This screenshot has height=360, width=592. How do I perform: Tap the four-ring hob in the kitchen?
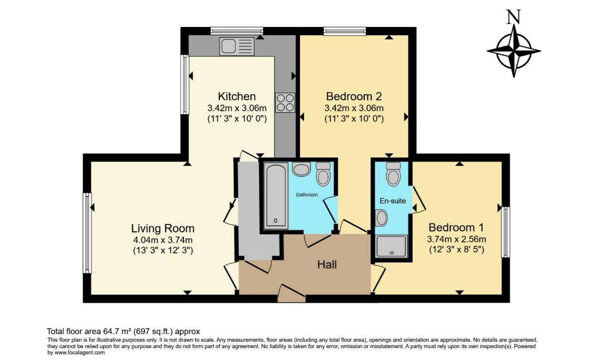click(x=285, y=103)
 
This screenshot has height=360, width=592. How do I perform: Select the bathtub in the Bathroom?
click(x=275, y=196)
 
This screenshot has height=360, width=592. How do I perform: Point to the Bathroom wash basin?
click(x=301, y=170)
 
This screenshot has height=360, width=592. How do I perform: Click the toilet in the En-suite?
click(x=393, y=174)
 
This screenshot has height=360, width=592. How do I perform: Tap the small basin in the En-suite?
click(x=382, y=217)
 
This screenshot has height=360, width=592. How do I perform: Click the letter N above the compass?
click(x=513, y=18)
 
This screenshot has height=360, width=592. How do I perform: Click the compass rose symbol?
click(x=514, y=51)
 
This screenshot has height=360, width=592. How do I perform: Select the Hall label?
click(x=327, y=265)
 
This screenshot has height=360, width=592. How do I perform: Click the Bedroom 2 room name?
click(x=354, y=96)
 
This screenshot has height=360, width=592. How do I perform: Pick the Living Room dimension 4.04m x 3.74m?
click(x=162, y=240)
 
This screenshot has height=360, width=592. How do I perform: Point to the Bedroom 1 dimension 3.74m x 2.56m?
click(x=456, y=238)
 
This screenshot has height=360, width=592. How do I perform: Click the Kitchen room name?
click(x=237, y=96)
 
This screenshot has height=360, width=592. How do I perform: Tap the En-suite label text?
click(x=393, y=201)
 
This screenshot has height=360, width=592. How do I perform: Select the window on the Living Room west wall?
click(x=88, y=233)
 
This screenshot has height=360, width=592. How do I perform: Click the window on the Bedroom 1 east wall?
click(x=506, y=232)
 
